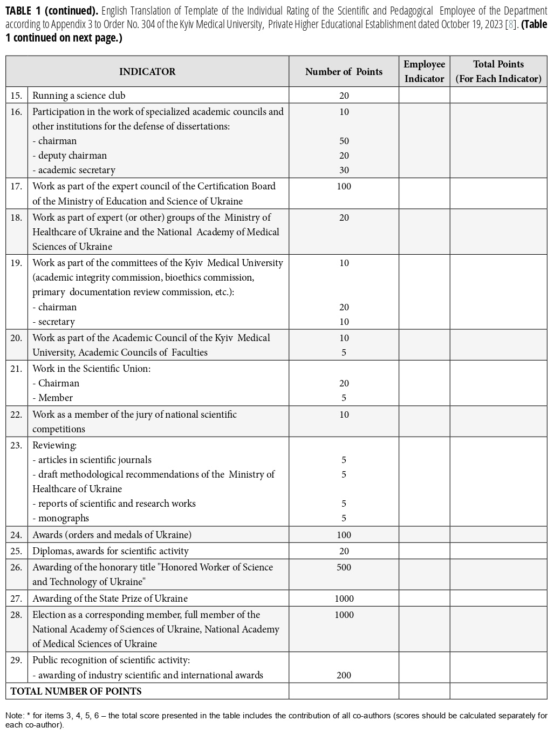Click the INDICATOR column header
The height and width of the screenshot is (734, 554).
click(147, 72)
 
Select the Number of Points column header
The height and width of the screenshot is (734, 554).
click(344, 72)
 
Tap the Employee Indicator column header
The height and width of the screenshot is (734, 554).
click(425, 71)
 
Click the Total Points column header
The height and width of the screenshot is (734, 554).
click(498, 71)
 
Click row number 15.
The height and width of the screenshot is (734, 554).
click(16, 96)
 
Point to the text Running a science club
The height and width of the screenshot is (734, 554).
click(79, 96)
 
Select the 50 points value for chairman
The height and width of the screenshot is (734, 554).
click(344, 141)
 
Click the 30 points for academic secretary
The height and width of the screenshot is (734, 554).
click(344, 170)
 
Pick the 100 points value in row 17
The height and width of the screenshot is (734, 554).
click(344, 186)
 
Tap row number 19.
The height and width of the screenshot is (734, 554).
click(16, 263)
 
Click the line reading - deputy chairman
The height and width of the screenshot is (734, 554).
click(70, 155)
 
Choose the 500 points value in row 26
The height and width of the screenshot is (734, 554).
click(344, 567)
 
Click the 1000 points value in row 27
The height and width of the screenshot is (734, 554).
click(344, 599)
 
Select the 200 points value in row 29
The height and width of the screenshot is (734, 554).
click(344, 675)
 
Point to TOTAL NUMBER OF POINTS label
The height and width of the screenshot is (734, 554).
click(76, 691)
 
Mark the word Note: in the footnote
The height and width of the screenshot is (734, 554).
click(15, 716)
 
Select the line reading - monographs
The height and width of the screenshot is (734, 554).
click(61, 518)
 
